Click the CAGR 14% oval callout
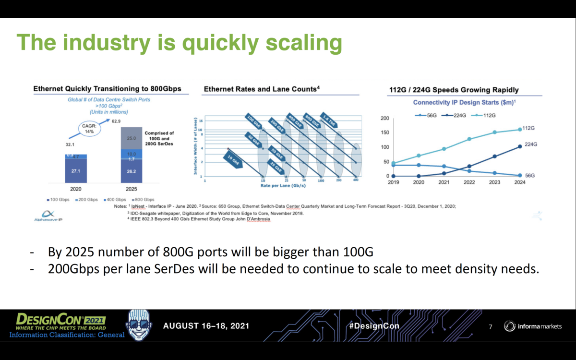pyautogui.click(x=90, y=128)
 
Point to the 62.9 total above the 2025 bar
pyautogui.click(x=117, y=121)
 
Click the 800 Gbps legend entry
pyautogui.click(x=144, y=199)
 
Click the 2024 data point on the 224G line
pyautogui.click(x=520, y=146)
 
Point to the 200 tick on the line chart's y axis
pyautogui.click(x=384, y=118)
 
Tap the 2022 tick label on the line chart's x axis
pyautogui.click(x=469, y=182)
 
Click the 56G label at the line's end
pyautogui.click(x=530, y=176)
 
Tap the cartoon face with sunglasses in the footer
pyautogui.click(x=139, y=325)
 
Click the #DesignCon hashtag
pyautogui.click(x=374, y=326)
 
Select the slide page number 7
pyautogui.click(x=490, y=327)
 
